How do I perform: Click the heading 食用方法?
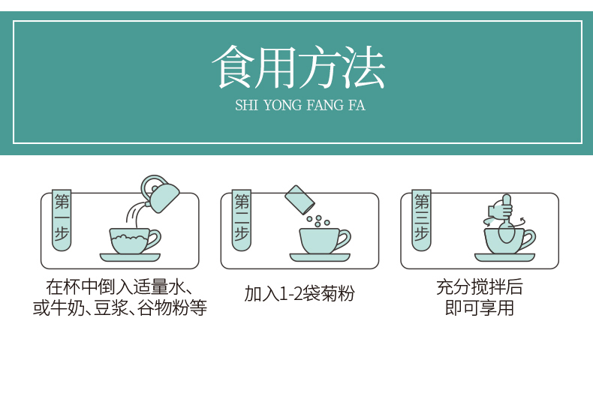click(x=299, y=67)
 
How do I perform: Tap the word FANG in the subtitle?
click(x=323, y=105)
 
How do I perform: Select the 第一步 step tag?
click(x=62, y=220)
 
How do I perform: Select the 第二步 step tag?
click(x=242, y=220)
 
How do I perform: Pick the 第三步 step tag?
click(x=421, y=220)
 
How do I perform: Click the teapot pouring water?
click(x=160, y=193)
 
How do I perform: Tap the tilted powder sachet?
click(x=300, y=199)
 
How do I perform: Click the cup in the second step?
click(x=324, y=241)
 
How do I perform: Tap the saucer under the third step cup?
click(x=504, y=257)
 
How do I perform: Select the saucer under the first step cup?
click(x=130, y=257)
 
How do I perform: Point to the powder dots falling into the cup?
click(x=318, y=221)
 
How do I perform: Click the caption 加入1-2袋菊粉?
click(x=300, y=293)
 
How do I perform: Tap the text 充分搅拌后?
click(x=479, y=287)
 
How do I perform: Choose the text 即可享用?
click(x=479, y=307)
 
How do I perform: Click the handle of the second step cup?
click(x=344, y=240)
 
